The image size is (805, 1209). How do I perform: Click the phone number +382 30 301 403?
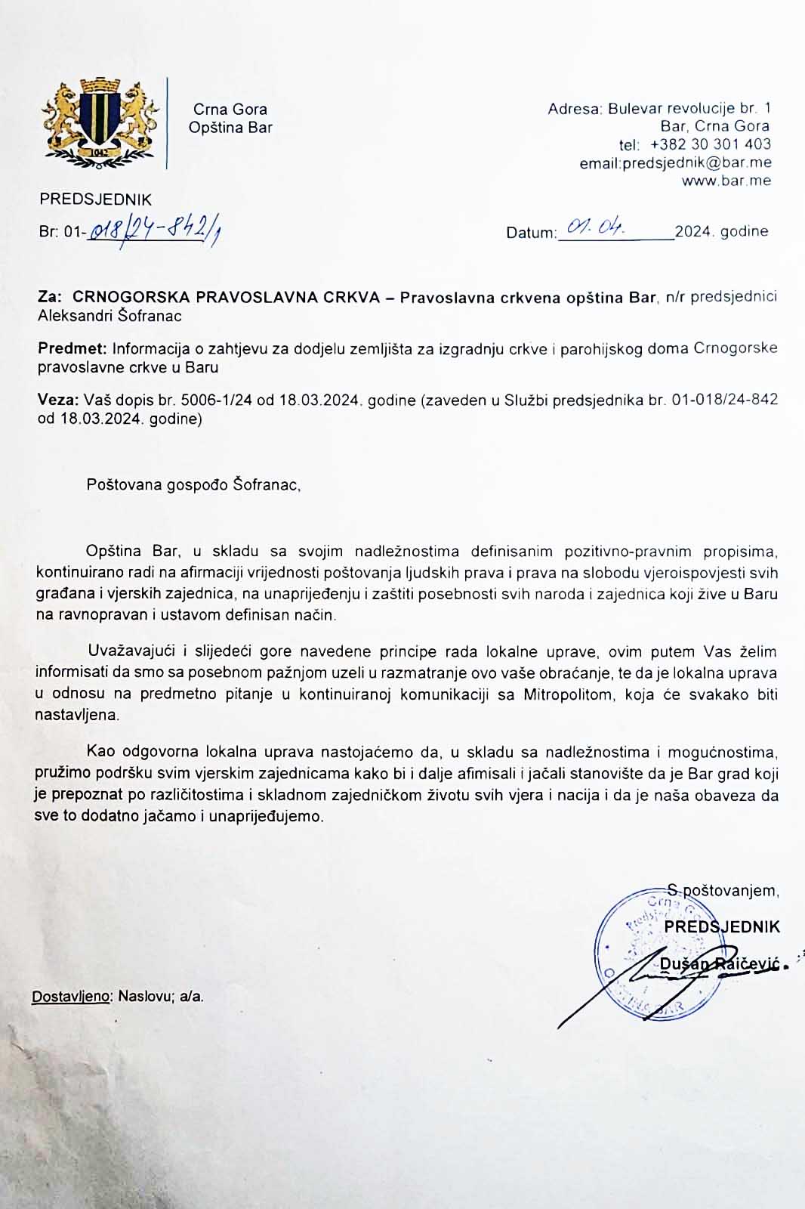point(710,144)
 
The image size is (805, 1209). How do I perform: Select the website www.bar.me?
point(726,181)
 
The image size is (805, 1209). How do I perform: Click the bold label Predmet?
point(72,349)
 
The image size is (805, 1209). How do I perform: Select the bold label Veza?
point(57,400)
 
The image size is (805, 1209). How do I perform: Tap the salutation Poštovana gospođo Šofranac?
point(193,484)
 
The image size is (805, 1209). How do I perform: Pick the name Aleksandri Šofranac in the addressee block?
point(109,316)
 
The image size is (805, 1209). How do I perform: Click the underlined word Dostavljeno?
point(72,996)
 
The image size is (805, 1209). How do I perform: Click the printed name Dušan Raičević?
point(717,963)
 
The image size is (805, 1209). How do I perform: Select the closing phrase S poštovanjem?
point(723,890)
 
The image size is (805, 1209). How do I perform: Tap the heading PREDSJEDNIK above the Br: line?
point(95,199)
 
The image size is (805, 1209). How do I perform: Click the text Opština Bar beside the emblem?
point(230,128)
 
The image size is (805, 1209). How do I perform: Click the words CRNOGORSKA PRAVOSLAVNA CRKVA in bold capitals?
point(226,298)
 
